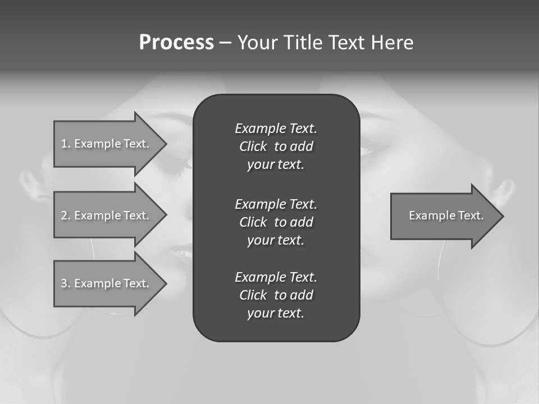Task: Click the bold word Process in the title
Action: pos(176,43)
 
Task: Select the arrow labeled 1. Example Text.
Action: pos(107,144)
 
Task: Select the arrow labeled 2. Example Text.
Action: pos(107,215)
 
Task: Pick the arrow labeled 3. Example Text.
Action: pos(107,283)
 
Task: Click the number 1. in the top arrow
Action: pos(66,144)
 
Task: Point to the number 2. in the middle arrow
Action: pos(66,215)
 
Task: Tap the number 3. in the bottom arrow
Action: pos(66,283)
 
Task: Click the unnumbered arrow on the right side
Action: pos(444,216)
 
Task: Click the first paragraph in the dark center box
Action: pos(276,146)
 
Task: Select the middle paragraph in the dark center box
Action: pos(276,222)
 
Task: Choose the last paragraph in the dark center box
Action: pos(276,295)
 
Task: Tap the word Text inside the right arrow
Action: pos(469,215)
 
